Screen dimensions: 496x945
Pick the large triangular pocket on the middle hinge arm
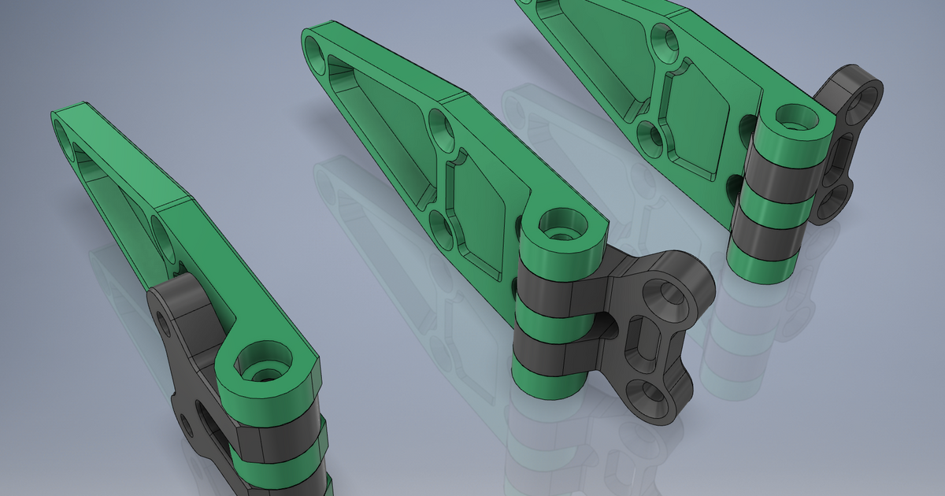378,126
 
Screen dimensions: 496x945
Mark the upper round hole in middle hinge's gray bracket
668,295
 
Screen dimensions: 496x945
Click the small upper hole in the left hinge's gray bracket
164,320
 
